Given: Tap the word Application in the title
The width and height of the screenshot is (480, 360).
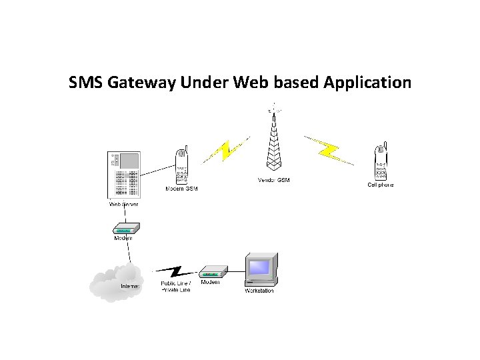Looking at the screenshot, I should click(x=367, y=83).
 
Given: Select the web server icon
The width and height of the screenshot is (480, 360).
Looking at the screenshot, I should click(x=124, y=175).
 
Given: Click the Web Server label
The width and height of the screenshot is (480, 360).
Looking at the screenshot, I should click(x=124, y=204).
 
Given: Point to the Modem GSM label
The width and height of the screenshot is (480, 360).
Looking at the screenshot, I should click(x=181, y=189).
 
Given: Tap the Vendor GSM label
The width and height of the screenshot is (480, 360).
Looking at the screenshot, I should click(x=273, y=180).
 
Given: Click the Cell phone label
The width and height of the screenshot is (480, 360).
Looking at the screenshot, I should click(x=381, y=185).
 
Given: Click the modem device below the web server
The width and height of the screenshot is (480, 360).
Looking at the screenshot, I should click(x=124, y=227).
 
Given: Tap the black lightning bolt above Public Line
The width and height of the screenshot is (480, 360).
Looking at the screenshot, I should click(x=175, y=271).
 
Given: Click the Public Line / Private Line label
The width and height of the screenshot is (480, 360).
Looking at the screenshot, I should click(x=175, y=287).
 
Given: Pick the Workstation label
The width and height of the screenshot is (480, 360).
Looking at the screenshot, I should click(x=259, y=291).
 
